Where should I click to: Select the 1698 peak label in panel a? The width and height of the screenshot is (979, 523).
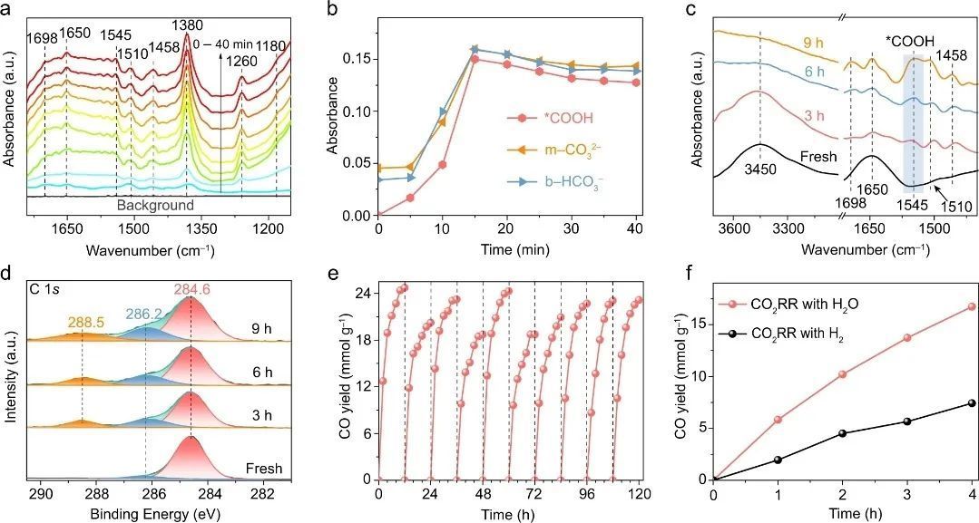(x=43, y=37)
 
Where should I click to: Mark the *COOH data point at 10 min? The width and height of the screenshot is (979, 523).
(x=443, y=165)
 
